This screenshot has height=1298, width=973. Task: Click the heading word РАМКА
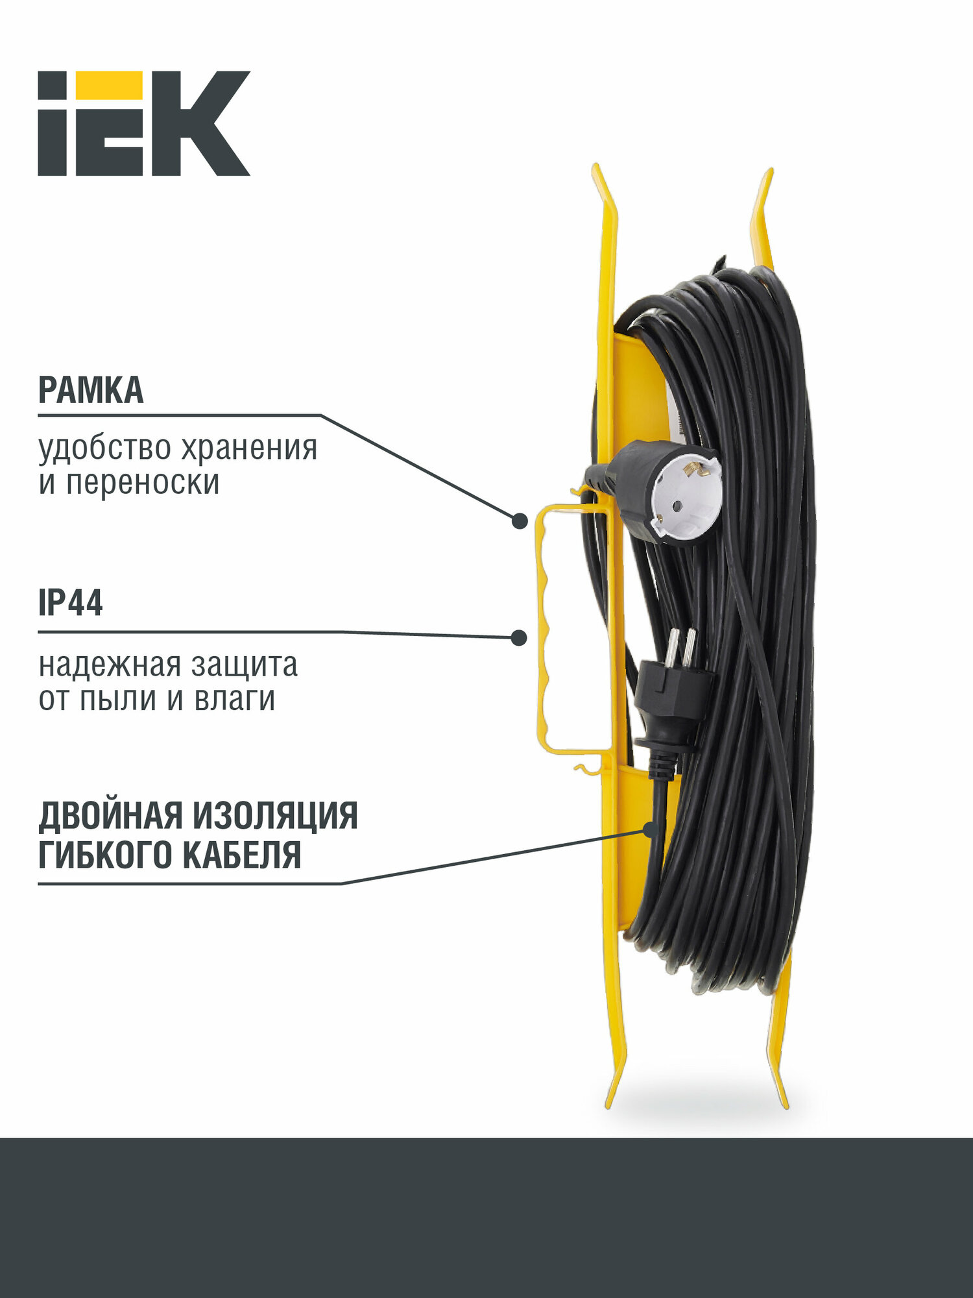91,391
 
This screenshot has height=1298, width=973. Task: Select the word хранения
249,448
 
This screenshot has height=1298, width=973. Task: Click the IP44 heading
71,604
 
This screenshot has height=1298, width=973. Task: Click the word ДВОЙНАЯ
110,816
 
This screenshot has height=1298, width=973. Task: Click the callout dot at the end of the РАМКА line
520,521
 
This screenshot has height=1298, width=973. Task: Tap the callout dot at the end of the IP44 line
519,638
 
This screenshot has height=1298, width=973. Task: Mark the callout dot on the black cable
651,829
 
